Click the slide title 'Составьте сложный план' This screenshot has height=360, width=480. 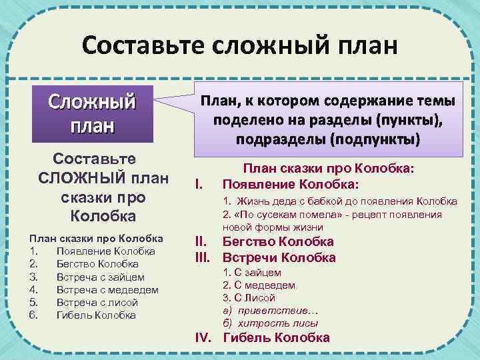click(239, 46)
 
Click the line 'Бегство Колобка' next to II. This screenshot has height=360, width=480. click(277, 241)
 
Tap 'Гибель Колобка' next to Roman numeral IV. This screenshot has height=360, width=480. click(276, 337)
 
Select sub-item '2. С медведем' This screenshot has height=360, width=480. click(258, 285)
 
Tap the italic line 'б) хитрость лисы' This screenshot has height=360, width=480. click(270, 323)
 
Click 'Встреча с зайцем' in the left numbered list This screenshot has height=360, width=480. click(100, 277)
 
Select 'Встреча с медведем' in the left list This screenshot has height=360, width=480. click(107, 289)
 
